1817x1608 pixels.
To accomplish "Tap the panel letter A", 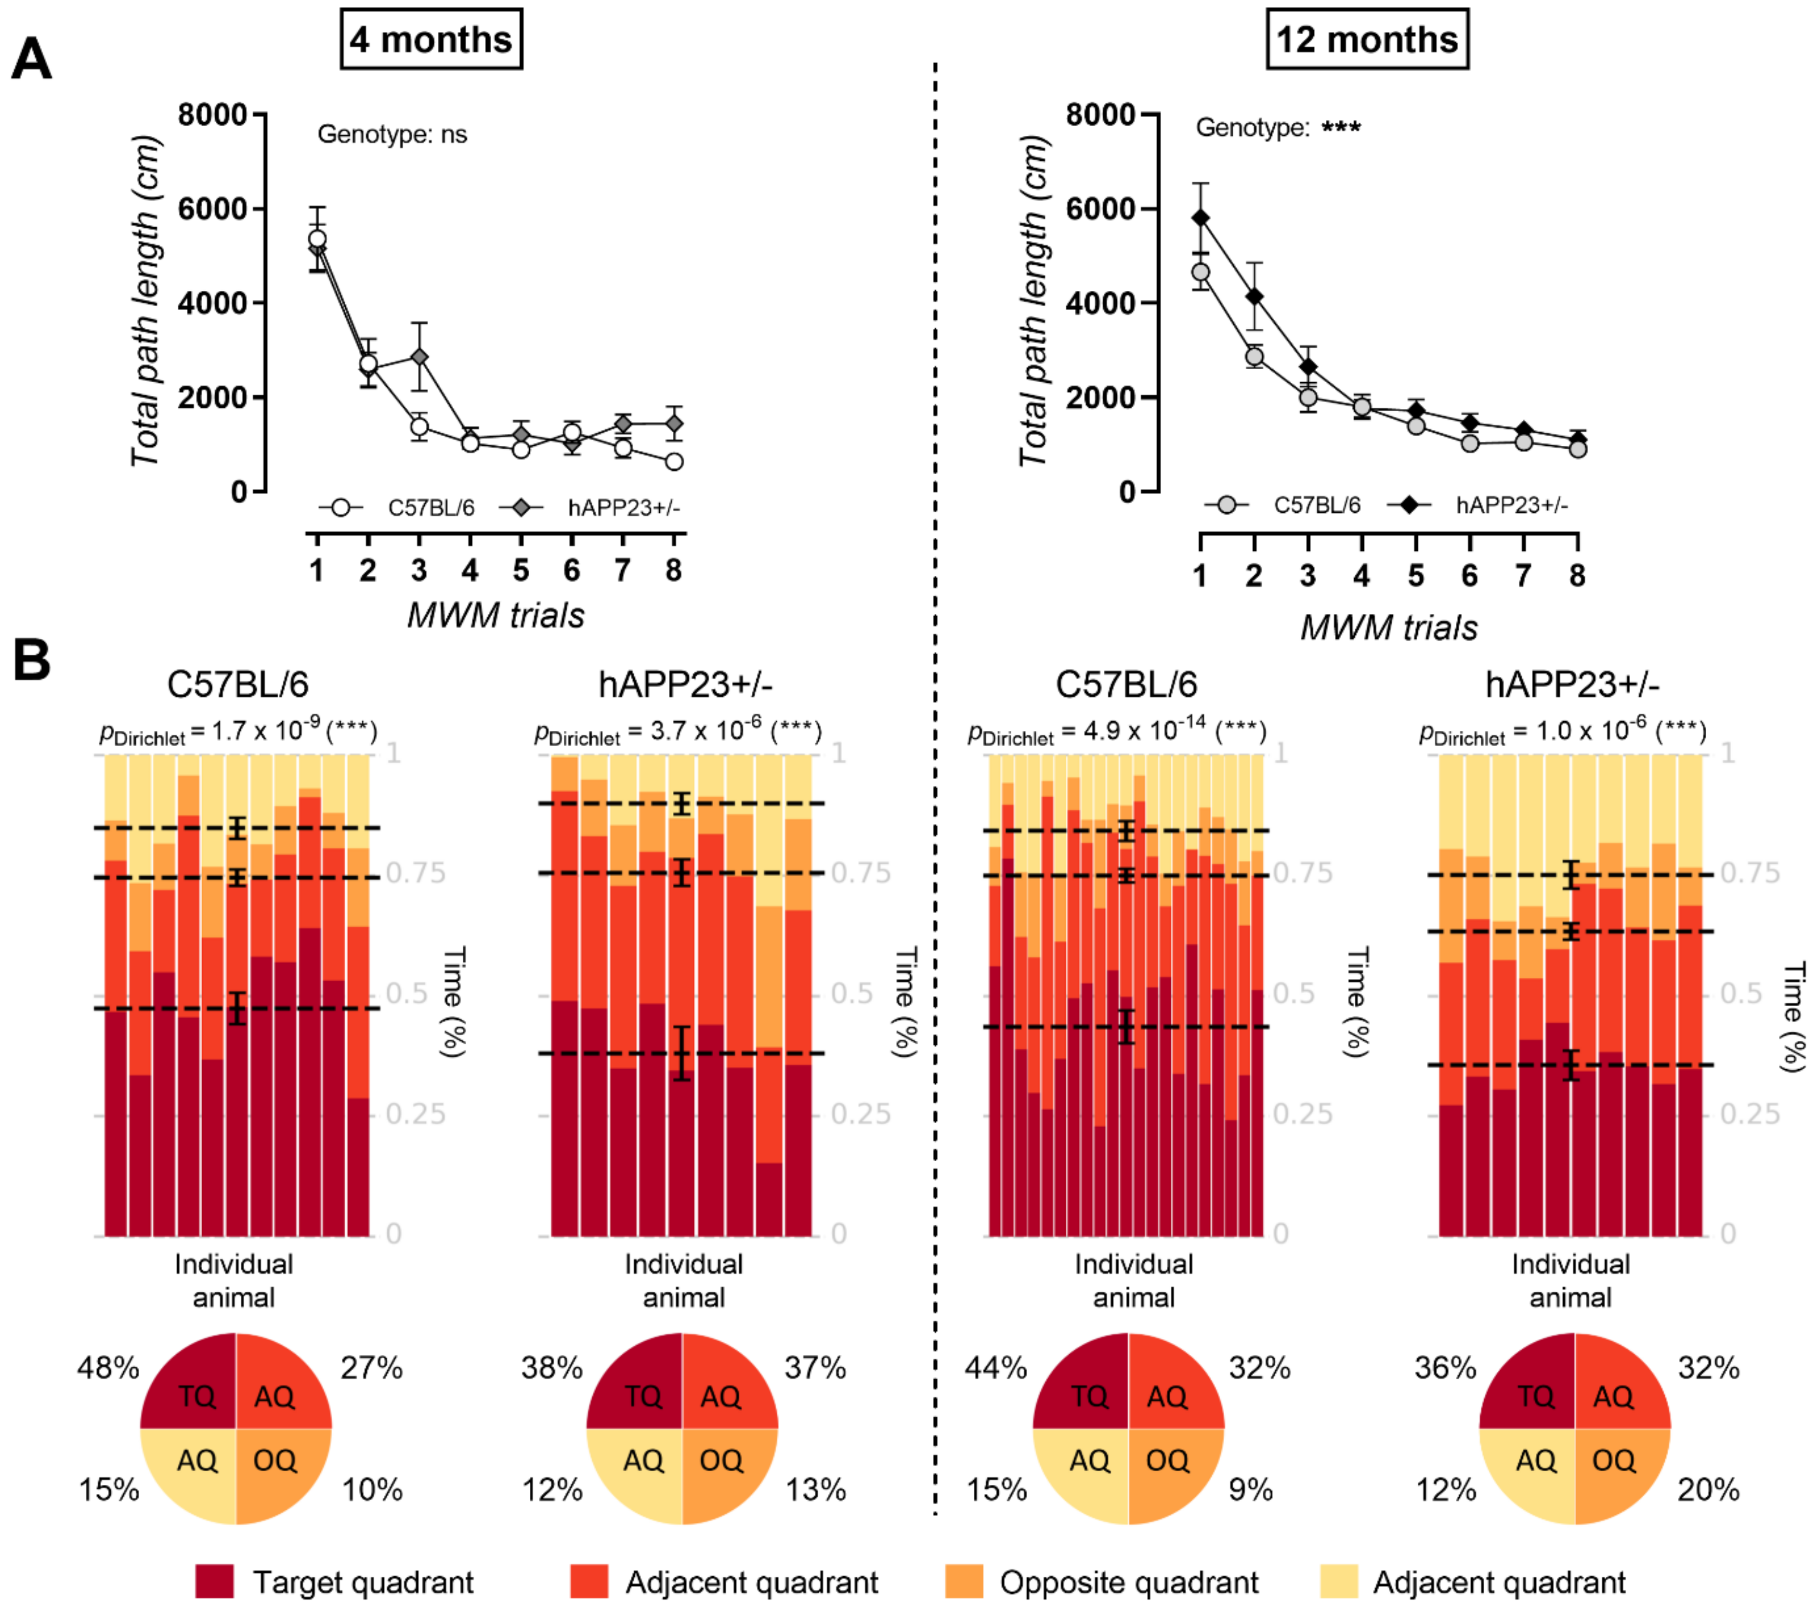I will coord(31,61).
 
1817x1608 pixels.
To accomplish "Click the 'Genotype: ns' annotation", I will coord(392,134).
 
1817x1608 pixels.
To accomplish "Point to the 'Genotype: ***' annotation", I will coord(1278,128).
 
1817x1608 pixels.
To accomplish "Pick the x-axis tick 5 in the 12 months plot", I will coord(1415,576).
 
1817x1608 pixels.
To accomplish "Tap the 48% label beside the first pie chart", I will coord(107,1368).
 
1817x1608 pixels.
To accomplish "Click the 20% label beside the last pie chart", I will coord(1708,1490).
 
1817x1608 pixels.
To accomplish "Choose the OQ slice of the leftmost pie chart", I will coord(275,1461).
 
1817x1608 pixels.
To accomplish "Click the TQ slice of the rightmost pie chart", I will coord(1535,1397).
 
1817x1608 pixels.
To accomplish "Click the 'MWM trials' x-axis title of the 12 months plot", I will coord(1388,628).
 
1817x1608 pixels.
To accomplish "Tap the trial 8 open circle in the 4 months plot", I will coord(674,461).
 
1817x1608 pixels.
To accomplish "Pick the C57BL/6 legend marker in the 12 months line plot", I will coord(1227,505).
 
